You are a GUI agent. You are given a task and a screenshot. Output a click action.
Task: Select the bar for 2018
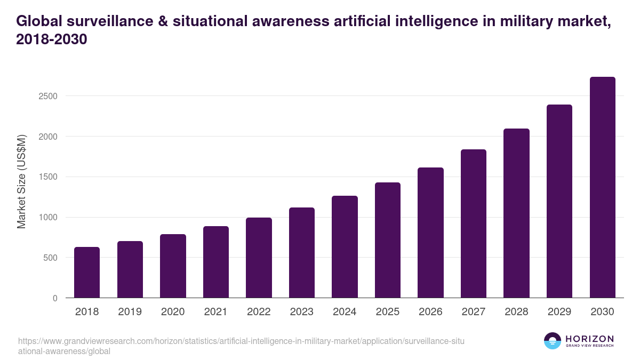click(87, 273)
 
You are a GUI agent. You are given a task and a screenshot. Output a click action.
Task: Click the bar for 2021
click(216, 262)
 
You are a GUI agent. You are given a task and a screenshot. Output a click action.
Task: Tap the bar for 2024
click(345, 247)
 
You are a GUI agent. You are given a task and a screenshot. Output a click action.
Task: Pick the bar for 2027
click(474, 223)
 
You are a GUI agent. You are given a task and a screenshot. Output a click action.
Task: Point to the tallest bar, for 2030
click(602, 187)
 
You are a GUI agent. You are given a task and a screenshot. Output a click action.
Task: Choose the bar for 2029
click(559, 201)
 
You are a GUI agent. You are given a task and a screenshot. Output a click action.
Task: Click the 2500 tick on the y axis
click(48, 97)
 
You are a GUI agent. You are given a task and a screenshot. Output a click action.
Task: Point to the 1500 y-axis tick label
click(48, 177)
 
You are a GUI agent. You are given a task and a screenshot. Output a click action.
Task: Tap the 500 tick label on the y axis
click(51, 258)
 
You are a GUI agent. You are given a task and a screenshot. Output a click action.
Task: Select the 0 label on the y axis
click(55, 298)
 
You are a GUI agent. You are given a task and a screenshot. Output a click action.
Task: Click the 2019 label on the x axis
click(130, 312)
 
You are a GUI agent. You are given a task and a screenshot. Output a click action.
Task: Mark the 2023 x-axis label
click(301, 312)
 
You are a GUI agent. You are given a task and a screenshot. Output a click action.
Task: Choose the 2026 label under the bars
click(430, 312)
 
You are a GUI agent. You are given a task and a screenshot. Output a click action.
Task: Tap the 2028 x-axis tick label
click(516, 312)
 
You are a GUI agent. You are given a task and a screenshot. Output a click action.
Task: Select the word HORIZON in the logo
click(589, 339)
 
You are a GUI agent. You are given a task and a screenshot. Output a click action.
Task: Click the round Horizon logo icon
click(553, 341)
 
